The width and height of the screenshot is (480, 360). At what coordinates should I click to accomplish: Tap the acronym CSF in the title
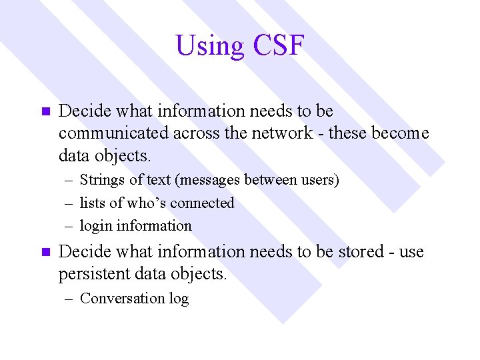click(279, 46)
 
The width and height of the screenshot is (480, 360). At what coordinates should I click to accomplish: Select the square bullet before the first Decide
click(45, 111)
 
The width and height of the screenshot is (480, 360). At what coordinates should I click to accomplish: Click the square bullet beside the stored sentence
click(45, 253)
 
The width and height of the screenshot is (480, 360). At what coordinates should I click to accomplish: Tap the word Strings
click(100, 180)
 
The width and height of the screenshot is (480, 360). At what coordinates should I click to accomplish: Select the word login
click(96, 226)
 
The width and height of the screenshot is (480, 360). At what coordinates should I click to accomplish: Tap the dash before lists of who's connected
click(69, 203)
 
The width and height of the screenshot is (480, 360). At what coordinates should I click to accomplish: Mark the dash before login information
click(69, 226)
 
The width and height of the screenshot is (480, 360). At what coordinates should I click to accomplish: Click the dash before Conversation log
click(69, 299)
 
